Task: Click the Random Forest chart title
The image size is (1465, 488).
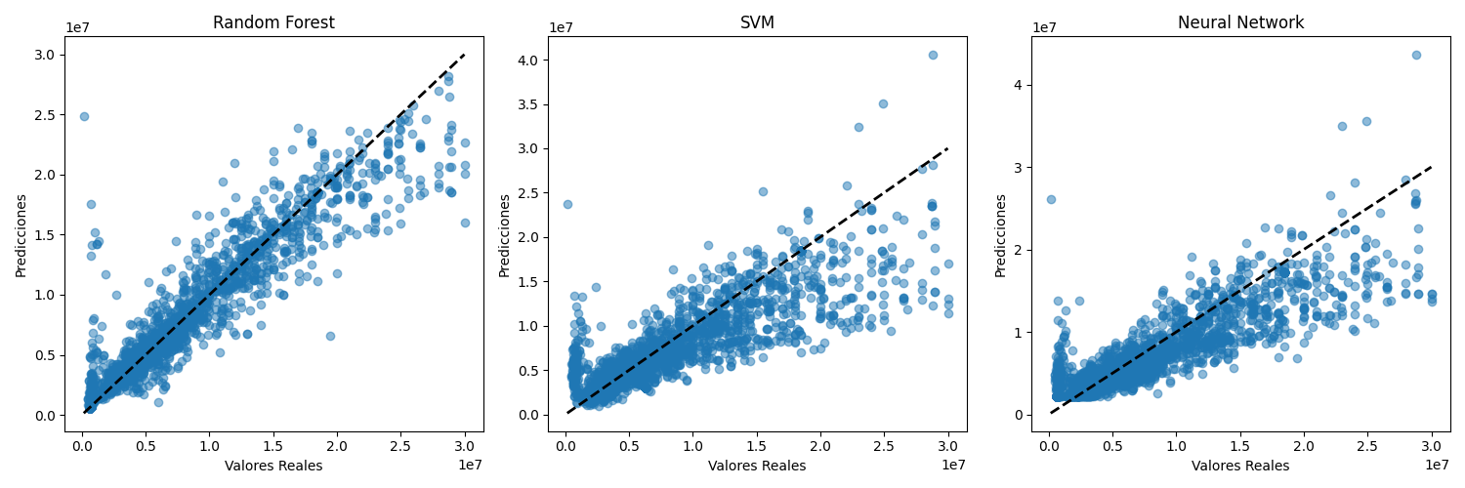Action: coord(273,22)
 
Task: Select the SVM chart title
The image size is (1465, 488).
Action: coord(757,22)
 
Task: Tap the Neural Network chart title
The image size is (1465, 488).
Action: coord(1240,22)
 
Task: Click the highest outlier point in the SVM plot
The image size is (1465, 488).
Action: coord(933,55)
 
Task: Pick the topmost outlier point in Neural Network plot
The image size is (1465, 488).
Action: coord(1416,55)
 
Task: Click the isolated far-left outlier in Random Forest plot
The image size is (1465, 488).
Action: coord(84,116)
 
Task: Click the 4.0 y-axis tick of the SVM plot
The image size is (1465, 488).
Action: coord(527,61)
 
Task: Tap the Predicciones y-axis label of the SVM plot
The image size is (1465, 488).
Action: coord(505,235)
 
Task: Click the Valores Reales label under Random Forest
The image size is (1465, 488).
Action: coord(273,466)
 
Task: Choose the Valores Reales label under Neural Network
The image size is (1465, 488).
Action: coord(1240,466)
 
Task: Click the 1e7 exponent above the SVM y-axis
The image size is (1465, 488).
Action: coord(562,27)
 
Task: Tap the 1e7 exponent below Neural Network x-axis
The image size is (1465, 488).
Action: coord(1436,465)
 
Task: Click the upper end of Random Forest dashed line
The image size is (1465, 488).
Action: coord(464,55)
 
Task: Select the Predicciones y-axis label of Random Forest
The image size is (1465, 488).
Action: coord(21,235)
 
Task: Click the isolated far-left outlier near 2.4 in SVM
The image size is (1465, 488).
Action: coord(567,204)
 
